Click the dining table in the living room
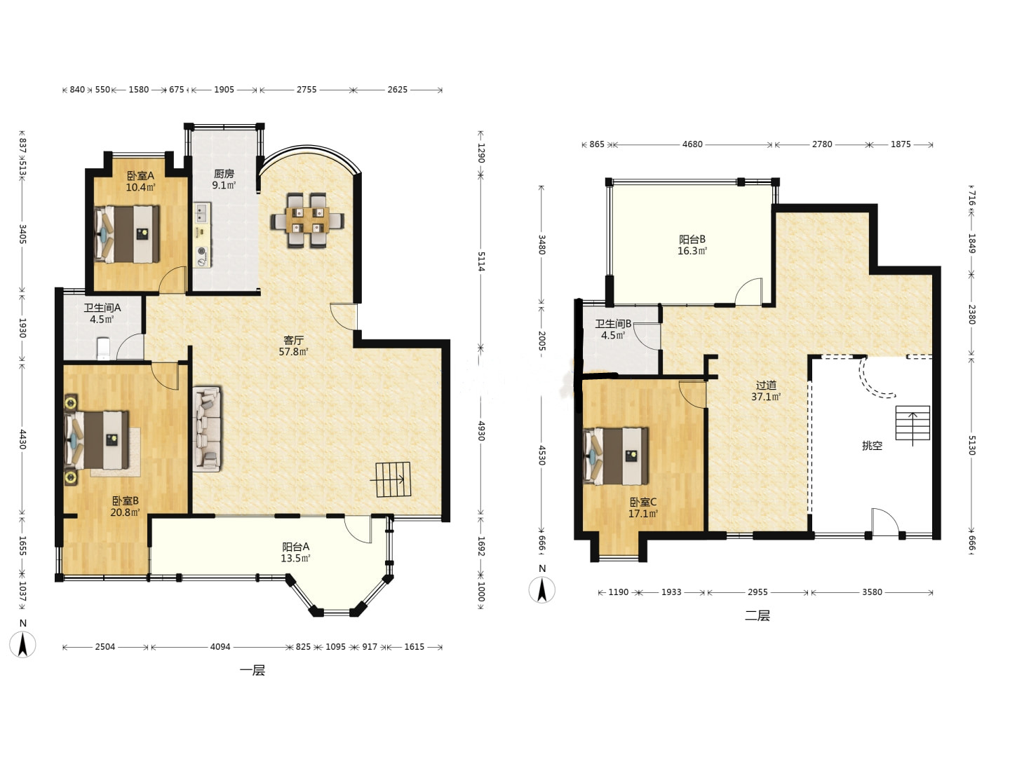[x=307, y=221]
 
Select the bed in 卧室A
[x=127, y=234]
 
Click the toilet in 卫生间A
[x=104, y=348]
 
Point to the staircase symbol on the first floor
[x=393, y=479]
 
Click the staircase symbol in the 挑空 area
[x=913, y=423]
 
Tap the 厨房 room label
[x=224, y=174]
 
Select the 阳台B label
[x=692, y=239]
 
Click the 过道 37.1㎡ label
[x=766, y=390]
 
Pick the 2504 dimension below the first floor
[x=105, y=647]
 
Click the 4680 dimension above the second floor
[x=692, y=144]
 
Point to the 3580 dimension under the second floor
[x=872, y=592]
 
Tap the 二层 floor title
[x=757, y=615]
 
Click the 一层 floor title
[x=252, y=670]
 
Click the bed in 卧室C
[x=616, y=456]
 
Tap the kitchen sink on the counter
[x=201, y=213]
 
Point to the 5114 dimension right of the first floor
[x=481, y=261]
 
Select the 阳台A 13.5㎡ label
[x=295, y=552]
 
